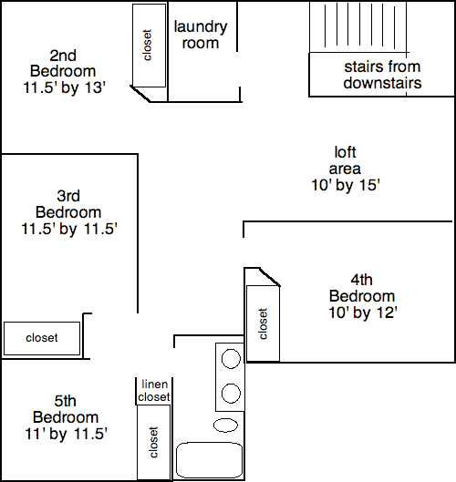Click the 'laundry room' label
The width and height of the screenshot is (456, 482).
click(x=200, y=35)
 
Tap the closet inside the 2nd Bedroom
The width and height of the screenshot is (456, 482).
click(x=148, y=46)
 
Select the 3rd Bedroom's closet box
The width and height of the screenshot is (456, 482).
click(x=42, y=338)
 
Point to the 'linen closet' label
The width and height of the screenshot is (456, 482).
click(x=153, y=390)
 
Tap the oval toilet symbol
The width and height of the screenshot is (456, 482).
click(x=224, y=425)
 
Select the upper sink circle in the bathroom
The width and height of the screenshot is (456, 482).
click(x=230, y=357)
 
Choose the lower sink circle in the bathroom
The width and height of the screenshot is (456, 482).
click(x=230, y=394)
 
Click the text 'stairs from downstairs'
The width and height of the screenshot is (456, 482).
click(x=382, y=75)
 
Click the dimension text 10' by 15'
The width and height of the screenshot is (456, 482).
click(x=346, y=184)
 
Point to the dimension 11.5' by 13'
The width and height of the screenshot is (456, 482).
click(x=62, y=88)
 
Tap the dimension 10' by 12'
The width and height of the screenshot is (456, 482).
click(x=362, y=313)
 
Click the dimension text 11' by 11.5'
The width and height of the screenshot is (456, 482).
click(x=62, y=434)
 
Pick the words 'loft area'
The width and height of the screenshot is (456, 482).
click(x=346, y=160)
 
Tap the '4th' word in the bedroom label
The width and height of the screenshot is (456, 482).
click(x=362, y=280)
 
